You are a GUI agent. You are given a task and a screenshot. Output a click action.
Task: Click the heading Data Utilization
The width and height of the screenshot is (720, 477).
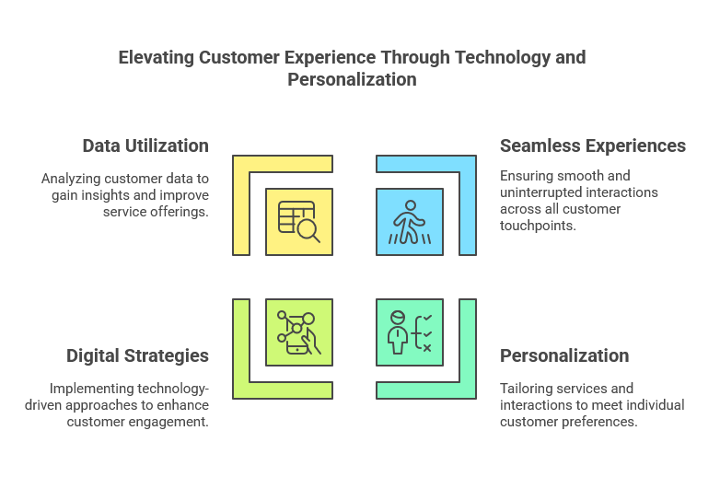click(145, 146)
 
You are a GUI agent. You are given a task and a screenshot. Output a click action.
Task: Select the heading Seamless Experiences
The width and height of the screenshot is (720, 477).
click(593, 146)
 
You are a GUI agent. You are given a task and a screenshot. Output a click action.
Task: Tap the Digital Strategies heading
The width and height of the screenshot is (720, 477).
click(137, 355)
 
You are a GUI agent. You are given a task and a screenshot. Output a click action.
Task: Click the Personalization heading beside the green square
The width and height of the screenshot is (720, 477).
click(564, 355)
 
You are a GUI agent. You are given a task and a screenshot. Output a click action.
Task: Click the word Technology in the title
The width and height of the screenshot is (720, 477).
click(503, 58)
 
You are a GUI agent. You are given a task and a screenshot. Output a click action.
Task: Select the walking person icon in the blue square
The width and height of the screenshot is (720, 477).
click(410, 222)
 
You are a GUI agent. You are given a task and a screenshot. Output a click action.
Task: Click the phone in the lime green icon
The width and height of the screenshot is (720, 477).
click(298, 343)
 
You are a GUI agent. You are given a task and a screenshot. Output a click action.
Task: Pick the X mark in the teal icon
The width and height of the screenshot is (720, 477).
click(427, 348)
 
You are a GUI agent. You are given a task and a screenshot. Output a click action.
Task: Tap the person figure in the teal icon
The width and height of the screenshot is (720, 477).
click(398, 332)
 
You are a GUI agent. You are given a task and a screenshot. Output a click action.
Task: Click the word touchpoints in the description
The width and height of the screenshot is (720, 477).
click(538, 226)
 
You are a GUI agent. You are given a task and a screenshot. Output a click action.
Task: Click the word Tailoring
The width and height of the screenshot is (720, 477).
click(523, 389)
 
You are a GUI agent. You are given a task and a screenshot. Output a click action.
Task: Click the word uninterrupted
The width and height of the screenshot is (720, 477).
click(538, 192)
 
